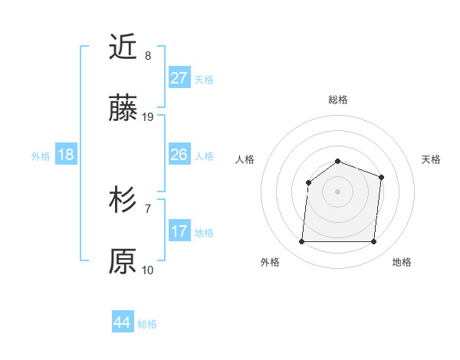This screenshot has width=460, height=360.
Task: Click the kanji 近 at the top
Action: coord(123,47)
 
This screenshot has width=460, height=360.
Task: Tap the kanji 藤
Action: coord(123,110)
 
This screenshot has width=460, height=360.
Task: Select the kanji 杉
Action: coord(123,200)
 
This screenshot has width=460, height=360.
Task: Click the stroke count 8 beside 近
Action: coord(148,55)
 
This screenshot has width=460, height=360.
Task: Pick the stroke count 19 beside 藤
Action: coord(148,117)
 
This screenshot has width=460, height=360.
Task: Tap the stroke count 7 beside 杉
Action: coord(148,208)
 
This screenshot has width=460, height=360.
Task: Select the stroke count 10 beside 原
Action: coord(148,270)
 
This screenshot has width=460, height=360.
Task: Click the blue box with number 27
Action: coord(179,78)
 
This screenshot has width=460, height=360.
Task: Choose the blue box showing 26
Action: coord(179,155)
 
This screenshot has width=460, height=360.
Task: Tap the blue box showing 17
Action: coord(179,231)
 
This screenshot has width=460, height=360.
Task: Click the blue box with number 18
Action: coord(66,155)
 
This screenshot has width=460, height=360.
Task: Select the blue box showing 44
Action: coord(123,322)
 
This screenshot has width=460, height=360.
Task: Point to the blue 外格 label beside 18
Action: coord(41,155)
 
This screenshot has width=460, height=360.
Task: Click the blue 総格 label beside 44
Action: coord(147,324)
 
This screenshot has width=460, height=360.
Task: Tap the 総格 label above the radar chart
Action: coord(337,100)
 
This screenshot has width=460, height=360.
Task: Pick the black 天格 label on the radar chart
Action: coord(431,159)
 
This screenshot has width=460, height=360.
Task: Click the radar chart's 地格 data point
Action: coord(373,242)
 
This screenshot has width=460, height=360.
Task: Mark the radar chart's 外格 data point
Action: coord(301,242)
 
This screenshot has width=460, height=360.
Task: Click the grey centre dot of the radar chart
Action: coord(337,191)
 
